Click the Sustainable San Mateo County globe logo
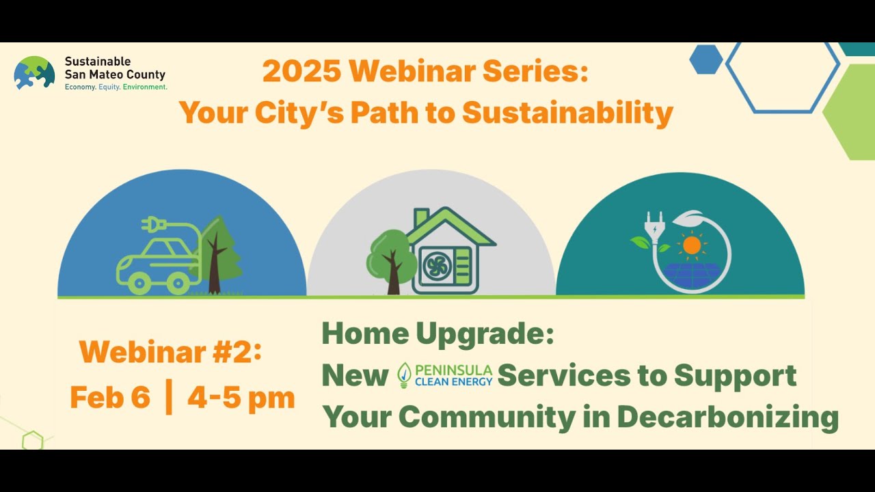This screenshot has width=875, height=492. coord(34,73)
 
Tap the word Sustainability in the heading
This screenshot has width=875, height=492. coord(567,113)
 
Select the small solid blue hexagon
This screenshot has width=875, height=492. coord(705,59)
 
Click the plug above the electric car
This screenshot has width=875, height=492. coord(152,224)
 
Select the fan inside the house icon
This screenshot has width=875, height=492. coord(437,266)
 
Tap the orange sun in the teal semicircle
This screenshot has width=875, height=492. coord(692,245)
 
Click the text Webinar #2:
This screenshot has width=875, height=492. coord(170,353)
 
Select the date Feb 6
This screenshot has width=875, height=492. coord(109,398)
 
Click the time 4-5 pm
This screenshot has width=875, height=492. coord(241,398)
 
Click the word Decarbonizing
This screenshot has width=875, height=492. coord(727,417)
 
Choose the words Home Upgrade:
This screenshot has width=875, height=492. coord(437,333)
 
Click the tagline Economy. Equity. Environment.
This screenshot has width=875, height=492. coord(116,87)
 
